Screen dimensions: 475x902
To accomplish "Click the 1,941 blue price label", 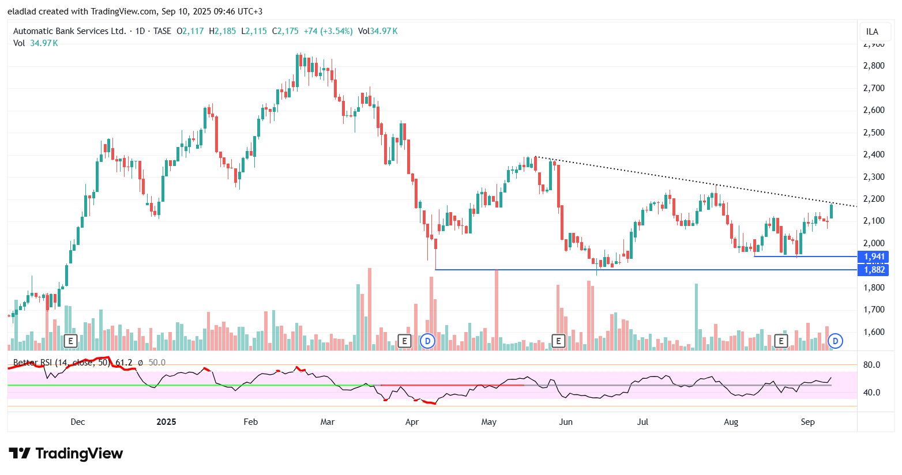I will point(874,257).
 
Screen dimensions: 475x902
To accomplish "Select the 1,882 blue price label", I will point(874,270).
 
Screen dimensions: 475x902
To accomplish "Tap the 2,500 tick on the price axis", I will point(874,133).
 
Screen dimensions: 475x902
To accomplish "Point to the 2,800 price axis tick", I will point(874,66).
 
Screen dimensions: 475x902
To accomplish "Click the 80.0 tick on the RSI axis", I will point(871,365).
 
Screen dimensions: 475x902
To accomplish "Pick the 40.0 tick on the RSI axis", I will point(871,393).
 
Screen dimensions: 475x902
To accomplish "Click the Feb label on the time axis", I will point(251,422).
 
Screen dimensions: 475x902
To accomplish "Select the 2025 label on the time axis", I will point(166,422).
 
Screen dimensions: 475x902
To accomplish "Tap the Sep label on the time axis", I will point(807,422).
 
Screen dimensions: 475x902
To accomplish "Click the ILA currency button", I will point(872,32).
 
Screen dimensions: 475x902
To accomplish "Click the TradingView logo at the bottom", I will point(66,454).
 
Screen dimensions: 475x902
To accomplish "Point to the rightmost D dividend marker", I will point(835,341).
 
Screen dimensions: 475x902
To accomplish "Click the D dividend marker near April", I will point(427,341).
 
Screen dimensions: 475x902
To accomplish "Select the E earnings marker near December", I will point(70,341).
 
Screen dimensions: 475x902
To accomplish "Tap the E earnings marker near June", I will point(558,341).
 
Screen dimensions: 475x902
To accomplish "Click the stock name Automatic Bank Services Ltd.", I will point(69,31).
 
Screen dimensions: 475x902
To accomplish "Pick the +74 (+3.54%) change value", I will point(328,31).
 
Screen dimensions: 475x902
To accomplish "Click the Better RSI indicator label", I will point(61,363).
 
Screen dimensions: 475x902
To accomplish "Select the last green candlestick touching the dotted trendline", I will point(831,211).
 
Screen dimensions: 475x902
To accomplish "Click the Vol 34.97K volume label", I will point(35,43).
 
